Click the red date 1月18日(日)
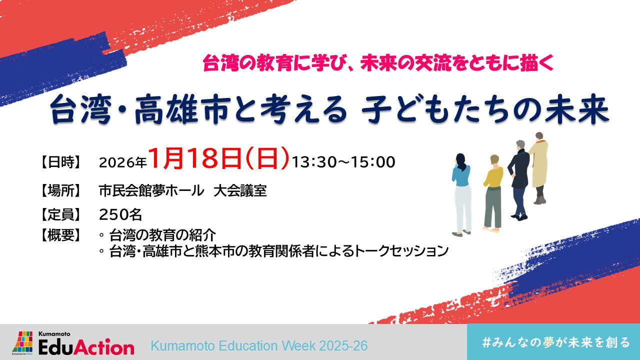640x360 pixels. pyautogui.click(x=219, y=159)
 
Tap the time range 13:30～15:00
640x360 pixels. pyautogui.click(x=343, y=162)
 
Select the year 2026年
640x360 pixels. pyautogui.click(x=122, y=162)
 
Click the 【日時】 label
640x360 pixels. pyautogui.click(x=60, y=162)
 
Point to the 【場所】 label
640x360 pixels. pyautogui.click(x=60, y=191)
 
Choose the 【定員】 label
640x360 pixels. pyautogui.click(x=60, y=215)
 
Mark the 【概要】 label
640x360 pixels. pyautogui.click(x=60, y=235)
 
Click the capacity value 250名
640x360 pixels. pyautogui.click(x=120, y=215)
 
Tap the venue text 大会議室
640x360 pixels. pyautogui.click(x=240, y=191)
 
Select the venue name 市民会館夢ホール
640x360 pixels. pyautogui.click(x=151, y=191)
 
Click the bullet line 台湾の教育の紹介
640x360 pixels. pyautogui.click(x=162, y=235)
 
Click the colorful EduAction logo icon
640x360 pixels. pyautogui.click(x=22, y=342)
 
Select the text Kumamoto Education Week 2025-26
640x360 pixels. pyautogui.click(x=259, y=345)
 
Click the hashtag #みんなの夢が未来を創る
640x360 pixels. pyautogui.click(x=555, y=342)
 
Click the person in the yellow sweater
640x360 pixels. pyautogui.click(x=493, y=193)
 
